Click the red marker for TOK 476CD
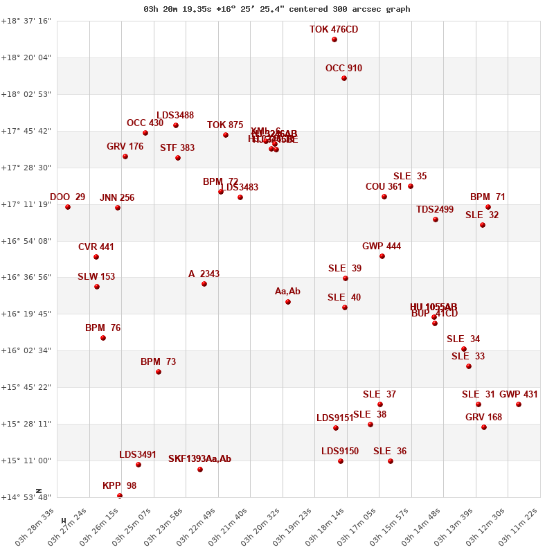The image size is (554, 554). (334, 39)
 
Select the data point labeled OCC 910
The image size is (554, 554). (344, 78)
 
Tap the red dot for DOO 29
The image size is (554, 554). (68, 207)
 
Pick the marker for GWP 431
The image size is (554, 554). (519, 404)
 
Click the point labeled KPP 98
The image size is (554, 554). (120, 496)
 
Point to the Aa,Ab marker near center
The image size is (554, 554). (288, 302)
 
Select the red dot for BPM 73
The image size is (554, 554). (159, 372)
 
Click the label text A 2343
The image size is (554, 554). (204, 274)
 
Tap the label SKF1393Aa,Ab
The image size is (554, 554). (199, 459)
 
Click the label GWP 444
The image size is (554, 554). (382, 247)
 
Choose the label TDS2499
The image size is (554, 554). (435, 210)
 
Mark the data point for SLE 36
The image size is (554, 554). (391, 461)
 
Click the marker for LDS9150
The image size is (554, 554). (341, 461)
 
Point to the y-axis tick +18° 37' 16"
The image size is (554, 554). (26, 21)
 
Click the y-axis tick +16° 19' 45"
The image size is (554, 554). (26, 314)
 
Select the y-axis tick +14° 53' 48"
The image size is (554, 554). (26, 497)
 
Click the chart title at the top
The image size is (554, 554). (277, 9)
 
